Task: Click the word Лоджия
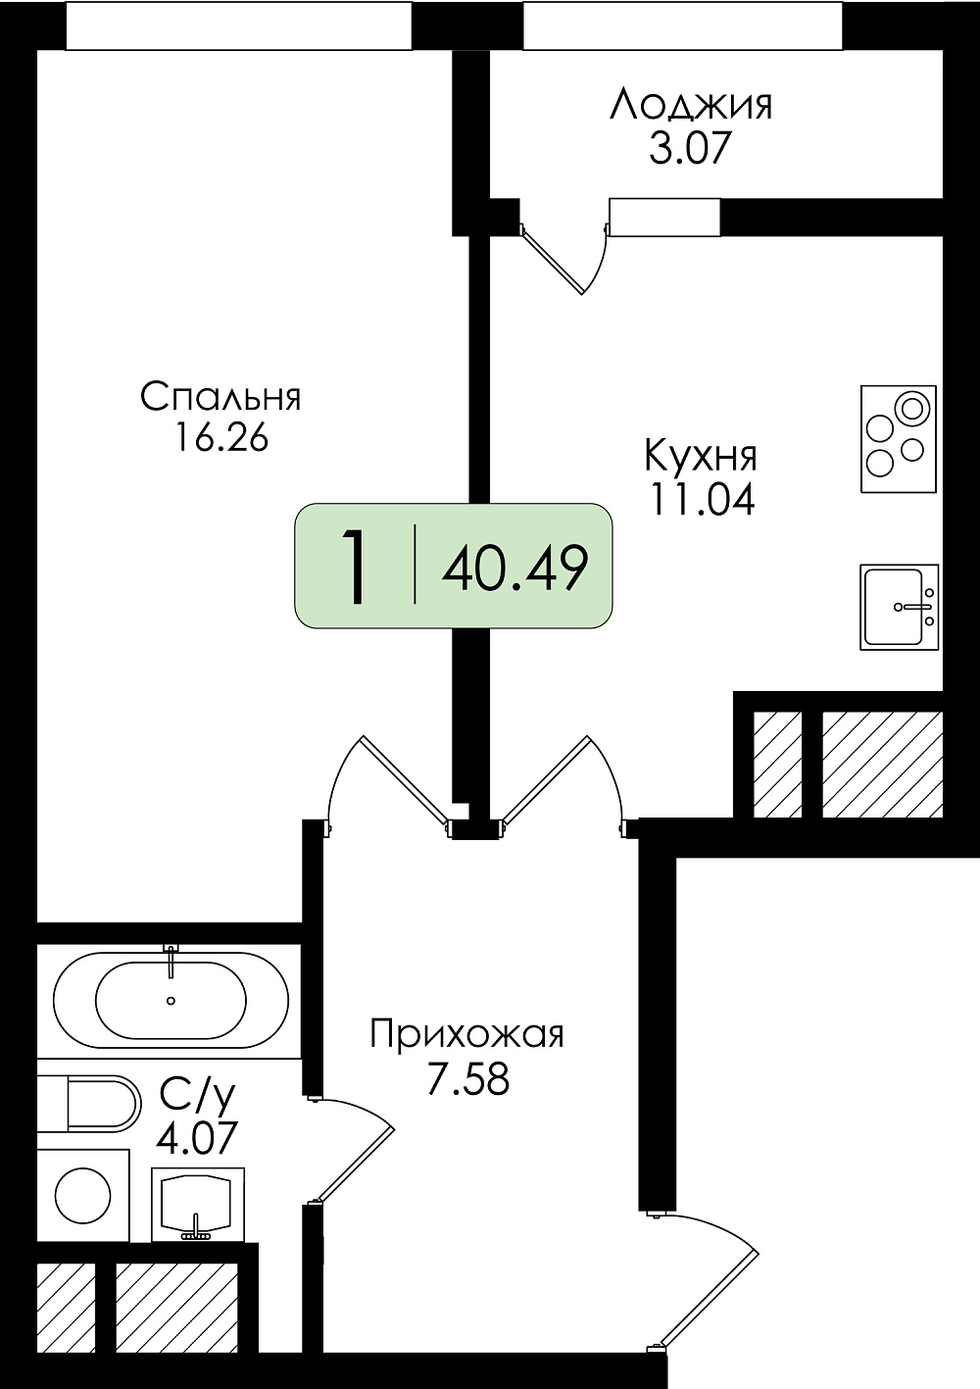691,105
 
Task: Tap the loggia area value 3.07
691,148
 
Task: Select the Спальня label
220,397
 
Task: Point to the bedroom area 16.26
220,437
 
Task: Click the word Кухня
701,456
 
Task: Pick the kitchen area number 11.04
701,500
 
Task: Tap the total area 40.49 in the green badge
514,568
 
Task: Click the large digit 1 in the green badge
355,567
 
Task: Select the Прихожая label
467,1034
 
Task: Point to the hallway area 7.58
467,1079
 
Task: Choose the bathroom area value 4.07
197,1139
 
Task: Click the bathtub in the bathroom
171,1001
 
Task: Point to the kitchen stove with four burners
899,438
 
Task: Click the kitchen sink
898,607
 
